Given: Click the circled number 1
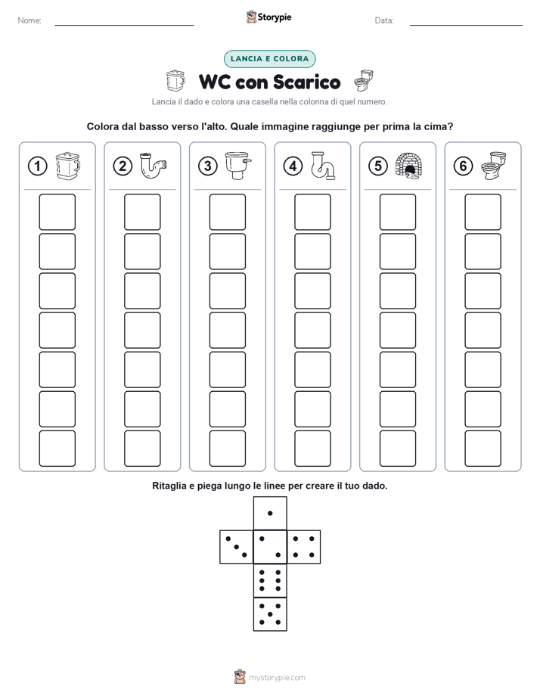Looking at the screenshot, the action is [x=37, y=166].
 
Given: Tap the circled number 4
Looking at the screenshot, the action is [x=293, y=166].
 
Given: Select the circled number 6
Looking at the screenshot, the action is [x=463, y=166].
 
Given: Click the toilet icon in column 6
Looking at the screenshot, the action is [x=494, y=166].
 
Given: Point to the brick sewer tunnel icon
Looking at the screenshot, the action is [x=409, y=166].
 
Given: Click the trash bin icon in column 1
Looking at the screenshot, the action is [x=68, y=166].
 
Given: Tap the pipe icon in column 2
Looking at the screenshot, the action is [x=154, y=166].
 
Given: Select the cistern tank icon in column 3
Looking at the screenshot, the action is [x=238, y=166].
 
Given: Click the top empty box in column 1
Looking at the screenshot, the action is [x=57, y=212].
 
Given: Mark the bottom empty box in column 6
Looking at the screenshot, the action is [x=483, y=449].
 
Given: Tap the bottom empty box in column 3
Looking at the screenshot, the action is [x=227, y=449].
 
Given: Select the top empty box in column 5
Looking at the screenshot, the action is [x=398, y=212].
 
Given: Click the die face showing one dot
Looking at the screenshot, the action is [x=270, y=513].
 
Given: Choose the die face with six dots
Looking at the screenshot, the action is [x=270, y=580].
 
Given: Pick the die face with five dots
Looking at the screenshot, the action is [x=270, y=614].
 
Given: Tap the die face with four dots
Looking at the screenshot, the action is [x=304, y=547].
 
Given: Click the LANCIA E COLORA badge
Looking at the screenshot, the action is [x=269, y=59].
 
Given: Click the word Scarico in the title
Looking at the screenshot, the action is [x=306, y=82].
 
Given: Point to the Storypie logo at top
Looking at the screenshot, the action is [x=268, y=17].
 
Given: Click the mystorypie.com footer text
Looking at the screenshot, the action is [x=277, y=678].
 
